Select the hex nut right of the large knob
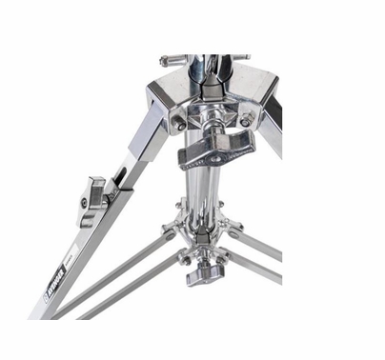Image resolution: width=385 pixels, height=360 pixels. (246, 121)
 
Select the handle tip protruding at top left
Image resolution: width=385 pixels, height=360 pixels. (170, 59)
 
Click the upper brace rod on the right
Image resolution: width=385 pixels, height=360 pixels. (257, 243)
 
